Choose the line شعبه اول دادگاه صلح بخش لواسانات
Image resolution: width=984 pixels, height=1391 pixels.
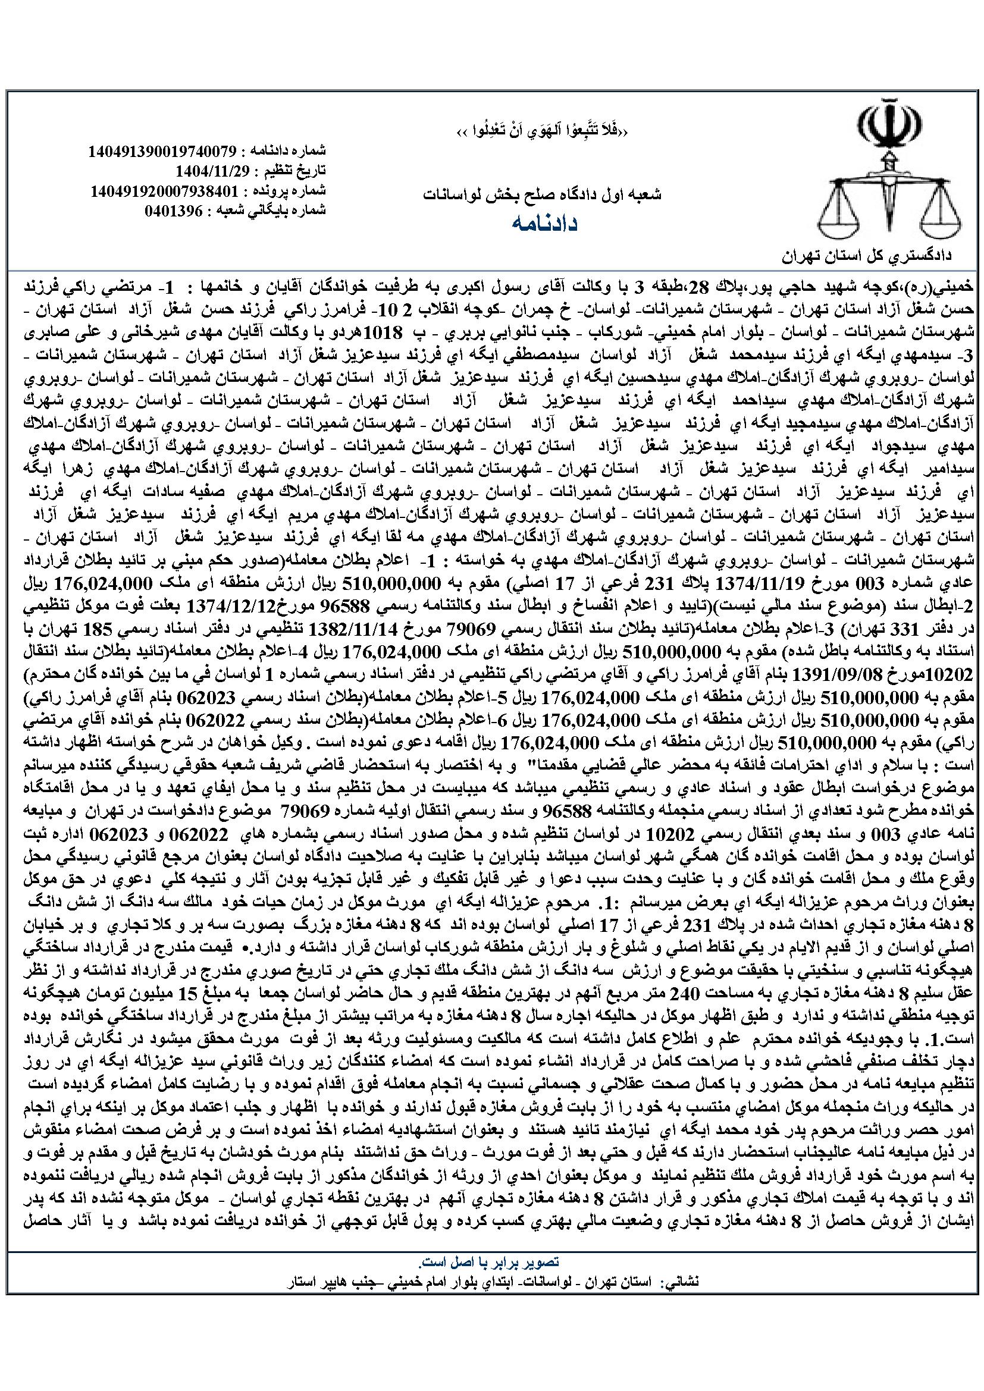[x=543, y=194]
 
